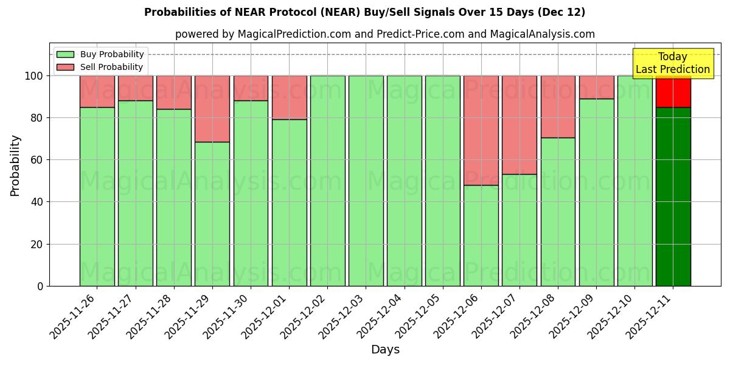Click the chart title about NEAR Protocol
coord(364,12)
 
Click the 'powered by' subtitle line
coord(384,34)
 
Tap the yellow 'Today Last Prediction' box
coord(672,63)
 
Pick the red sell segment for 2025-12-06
coord(481,130)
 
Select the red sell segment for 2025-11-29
coord(212,109)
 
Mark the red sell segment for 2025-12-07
coord(519,125)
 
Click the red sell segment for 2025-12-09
coord(596,87)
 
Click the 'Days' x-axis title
coord(384,350)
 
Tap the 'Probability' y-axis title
coord(15,165)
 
